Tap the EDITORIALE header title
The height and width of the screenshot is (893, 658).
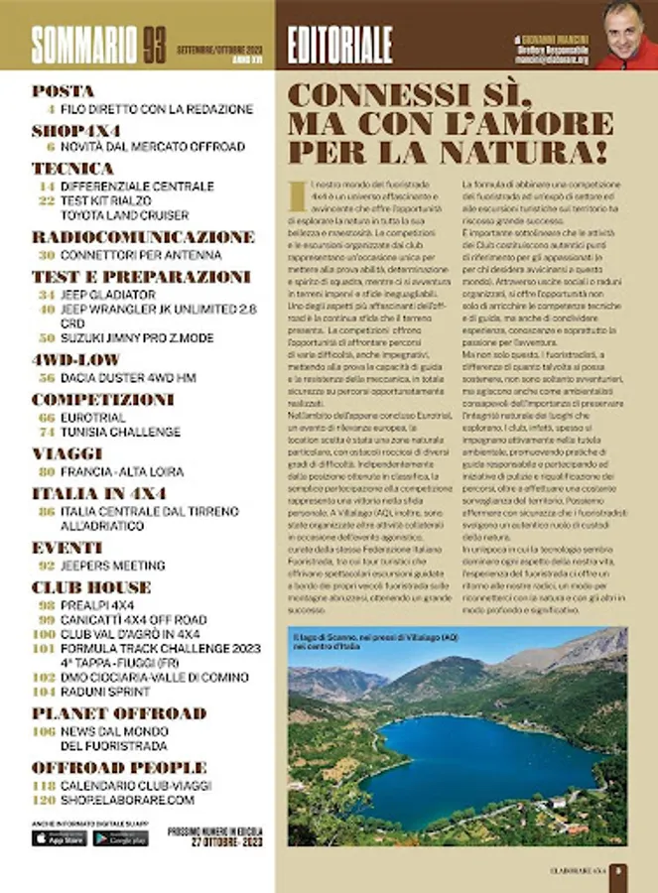tap(339, 45)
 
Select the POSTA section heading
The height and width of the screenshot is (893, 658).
tap(63, 91)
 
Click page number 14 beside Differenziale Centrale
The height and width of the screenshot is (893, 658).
tap(46, 187)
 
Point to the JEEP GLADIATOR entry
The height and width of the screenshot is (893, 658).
tap(108, 295)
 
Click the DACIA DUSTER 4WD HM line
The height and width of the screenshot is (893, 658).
tap(128, 378)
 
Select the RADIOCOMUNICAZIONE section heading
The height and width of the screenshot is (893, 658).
tap(143, 237)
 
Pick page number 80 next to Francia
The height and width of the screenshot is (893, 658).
tap(46, 471)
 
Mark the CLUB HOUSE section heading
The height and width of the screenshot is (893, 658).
tap(91, 586)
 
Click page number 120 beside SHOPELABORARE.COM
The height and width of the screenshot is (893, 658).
tap(43, 800)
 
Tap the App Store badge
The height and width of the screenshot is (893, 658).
tap(59, 838)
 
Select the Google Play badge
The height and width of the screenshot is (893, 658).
tap(120, 838)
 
